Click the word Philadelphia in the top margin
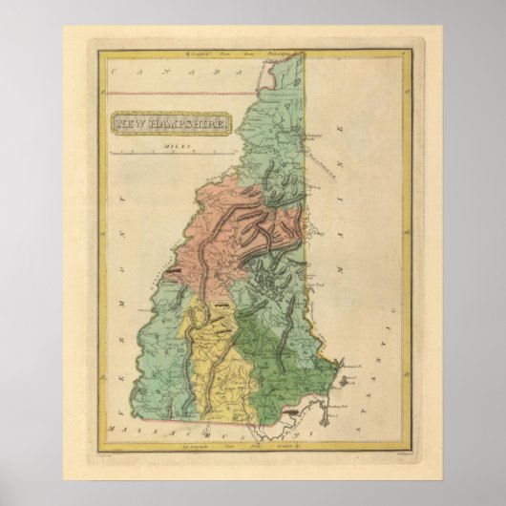[280, 55]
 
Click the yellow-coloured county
[224, 368]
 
